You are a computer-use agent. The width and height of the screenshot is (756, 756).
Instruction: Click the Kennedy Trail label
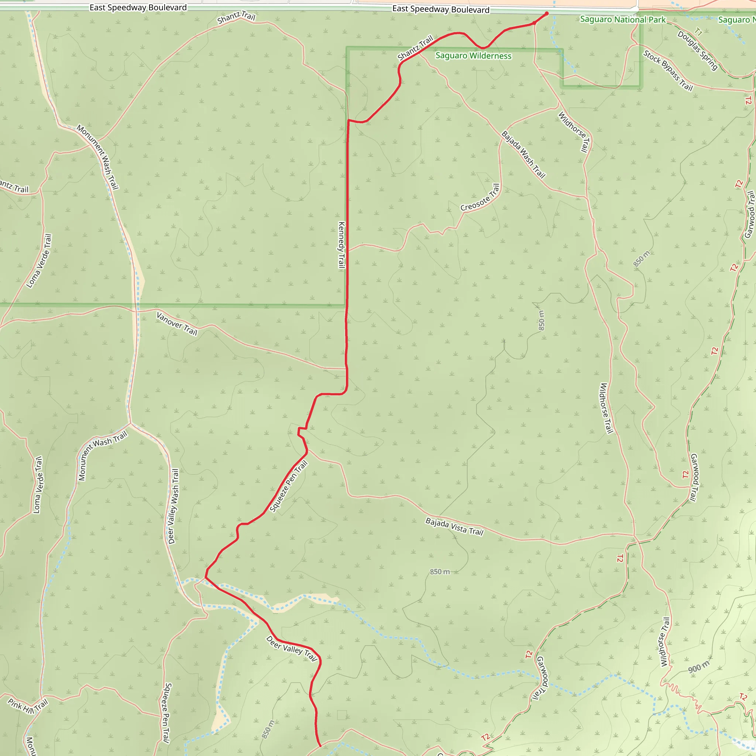point(341,245)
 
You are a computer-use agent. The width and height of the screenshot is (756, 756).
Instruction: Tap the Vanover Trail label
point(177,324)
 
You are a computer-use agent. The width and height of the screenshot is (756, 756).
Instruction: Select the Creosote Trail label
point(480,198)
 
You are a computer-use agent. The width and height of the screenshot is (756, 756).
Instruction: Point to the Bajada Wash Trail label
point(523,155)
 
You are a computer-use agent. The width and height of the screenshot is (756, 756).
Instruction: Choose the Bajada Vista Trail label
point(454,526)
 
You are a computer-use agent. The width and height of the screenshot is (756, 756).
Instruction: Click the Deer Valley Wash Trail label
point(173,506)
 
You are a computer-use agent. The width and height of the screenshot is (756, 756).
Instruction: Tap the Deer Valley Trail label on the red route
point(291,648)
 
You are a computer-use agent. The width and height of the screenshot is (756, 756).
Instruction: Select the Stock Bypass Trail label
point(668,71)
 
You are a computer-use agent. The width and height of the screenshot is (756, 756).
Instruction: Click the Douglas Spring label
point(697,51)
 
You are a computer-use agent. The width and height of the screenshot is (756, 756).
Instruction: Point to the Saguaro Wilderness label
point(473,56)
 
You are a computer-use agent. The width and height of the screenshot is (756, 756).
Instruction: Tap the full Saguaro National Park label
point(623,20)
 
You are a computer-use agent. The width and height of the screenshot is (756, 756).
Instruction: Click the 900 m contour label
point(698,667)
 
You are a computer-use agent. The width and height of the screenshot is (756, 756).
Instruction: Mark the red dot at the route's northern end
point(547,13)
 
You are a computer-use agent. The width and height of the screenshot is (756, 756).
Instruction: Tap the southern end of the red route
point(320,746)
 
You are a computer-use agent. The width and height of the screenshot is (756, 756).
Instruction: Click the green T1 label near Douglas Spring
point(698,32)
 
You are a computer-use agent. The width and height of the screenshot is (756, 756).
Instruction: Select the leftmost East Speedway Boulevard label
point(138,7)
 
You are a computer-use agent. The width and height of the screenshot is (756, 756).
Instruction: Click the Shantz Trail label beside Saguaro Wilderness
point(416,48)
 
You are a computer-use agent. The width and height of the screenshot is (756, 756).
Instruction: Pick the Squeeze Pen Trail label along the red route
point(289,487)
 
